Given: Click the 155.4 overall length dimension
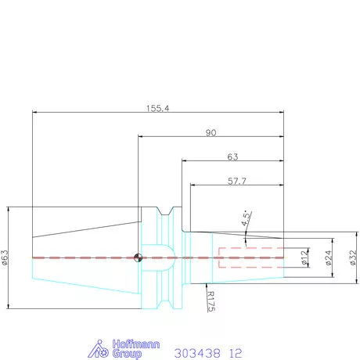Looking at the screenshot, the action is (157, 108).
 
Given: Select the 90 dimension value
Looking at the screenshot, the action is (211, 133).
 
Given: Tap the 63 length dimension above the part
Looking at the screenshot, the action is (232, 157).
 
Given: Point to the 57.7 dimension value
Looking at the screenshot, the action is (237, 181).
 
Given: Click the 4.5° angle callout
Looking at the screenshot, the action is (246, 218).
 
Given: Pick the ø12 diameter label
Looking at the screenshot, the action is (304, 257).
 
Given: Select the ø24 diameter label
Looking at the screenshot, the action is (329, 257).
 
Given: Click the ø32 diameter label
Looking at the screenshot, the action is (353, 257).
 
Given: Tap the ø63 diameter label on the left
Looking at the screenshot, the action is (5, 257).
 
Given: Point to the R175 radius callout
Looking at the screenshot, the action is (211, 301).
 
